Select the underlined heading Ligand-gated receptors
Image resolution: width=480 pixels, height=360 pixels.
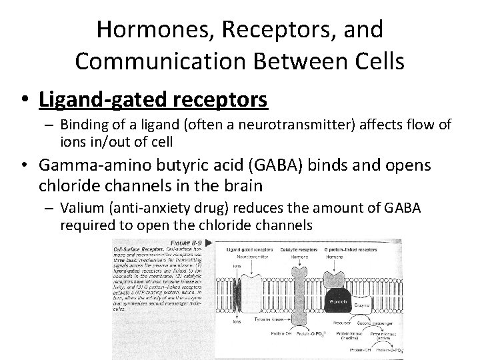tap(153, 100)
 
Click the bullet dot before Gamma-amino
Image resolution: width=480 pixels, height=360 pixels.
tap(27, 165)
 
